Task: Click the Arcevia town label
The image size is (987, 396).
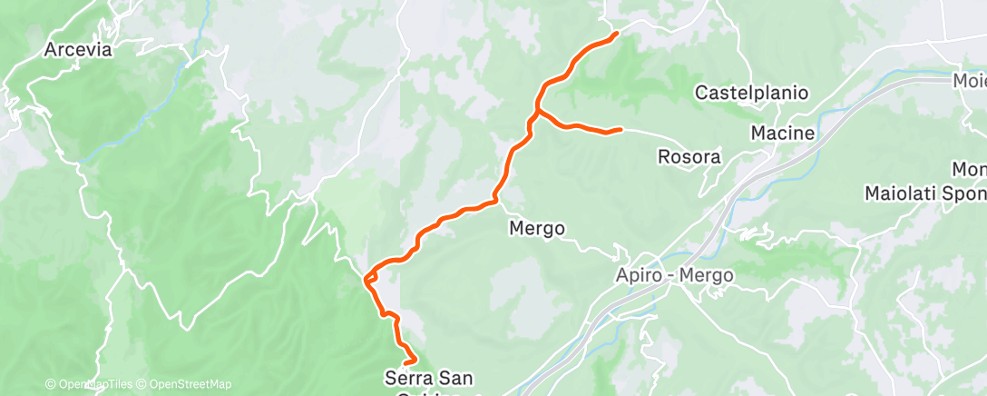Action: (x=78, y=50)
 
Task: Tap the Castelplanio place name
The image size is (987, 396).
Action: (x=752, y=93)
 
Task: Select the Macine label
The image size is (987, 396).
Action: (x=782, y=134)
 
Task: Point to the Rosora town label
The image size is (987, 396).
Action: (x=689, y=157)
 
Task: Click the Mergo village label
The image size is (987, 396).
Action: (x=539, y=228)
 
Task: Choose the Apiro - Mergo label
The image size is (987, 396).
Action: (x=673, y=274)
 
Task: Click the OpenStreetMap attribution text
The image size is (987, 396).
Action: (x=189, y=384)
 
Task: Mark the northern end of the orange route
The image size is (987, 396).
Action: (x=617, y=34)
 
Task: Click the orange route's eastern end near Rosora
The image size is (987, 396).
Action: (x=621, y=131)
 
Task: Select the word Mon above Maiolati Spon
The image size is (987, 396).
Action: (x=968, y=170)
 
